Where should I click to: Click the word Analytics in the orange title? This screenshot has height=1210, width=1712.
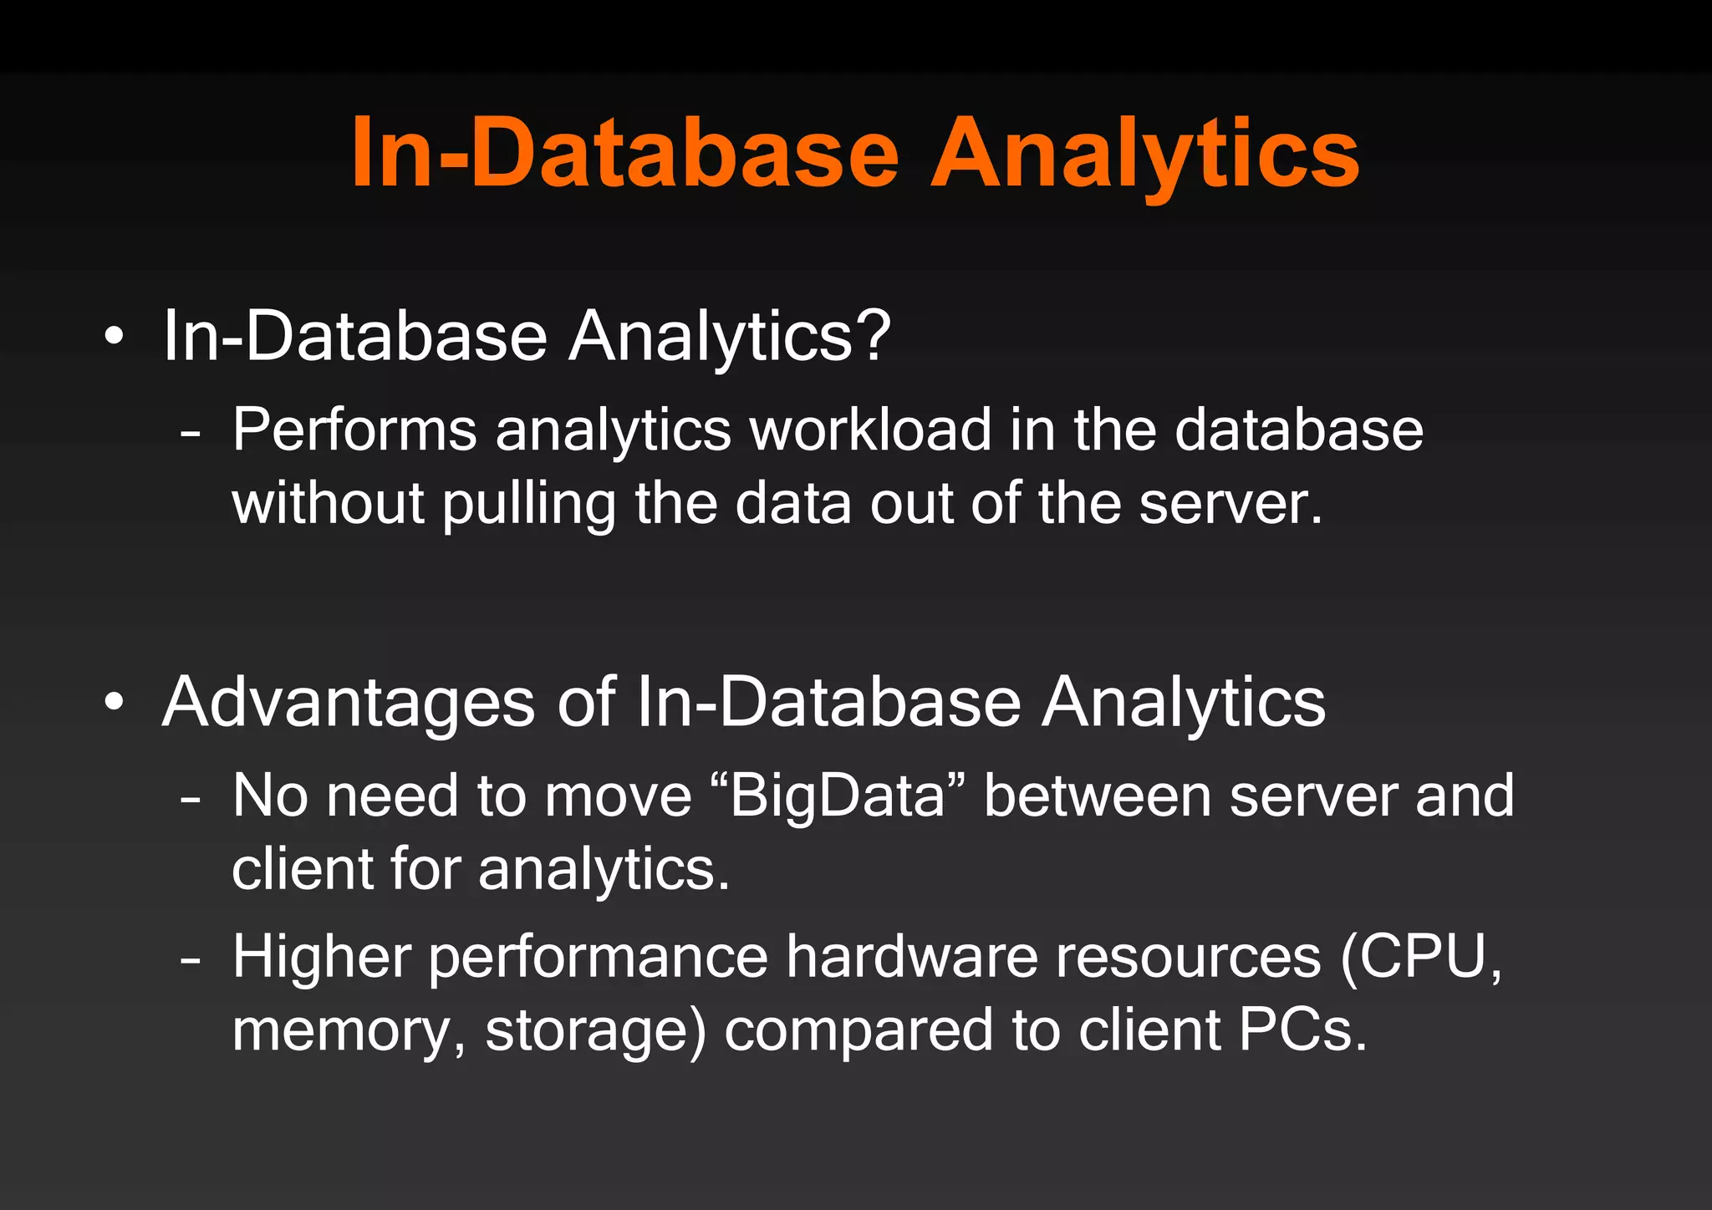click(x=1144, y=155)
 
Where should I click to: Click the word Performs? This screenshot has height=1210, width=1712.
click(x=354, y=430)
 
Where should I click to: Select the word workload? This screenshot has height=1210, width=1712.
click(x=869, y=430)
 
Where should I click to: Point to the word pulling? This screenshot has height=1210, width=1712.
click(x=528, y=504)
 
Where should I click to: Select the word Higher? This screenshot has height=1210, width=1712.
click(x=322, y=956)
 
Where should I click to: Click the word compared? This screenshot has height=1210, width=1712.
click(x=859, y=1030)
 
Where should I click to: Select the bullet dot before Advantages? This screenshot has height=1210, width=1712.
click(x=115, y=702)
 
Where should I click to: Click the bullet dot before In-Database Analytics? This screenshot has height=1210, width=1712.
click(x=115, y=337)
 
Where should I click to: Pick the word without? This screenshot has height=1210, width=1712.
click(x=328, y=504)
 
